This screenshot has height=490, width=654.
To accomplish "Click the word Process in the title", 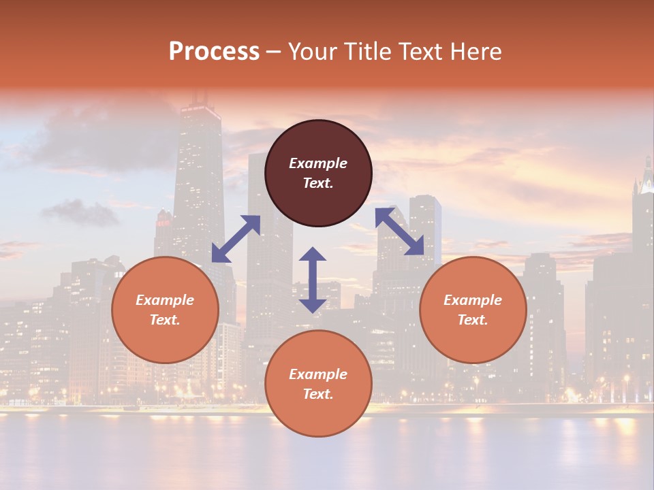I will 214,52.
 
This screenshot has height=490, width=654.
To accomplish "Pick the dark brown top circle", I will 318,174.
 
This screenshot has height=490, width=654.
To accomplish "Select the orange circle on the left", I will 165,310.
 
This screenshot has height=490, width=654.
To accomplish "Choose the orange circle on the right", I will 473,310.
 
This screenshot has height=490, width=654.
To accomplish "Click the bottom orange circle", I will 318,383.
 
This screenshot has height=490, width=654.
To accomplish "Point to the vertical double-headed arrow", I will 313,280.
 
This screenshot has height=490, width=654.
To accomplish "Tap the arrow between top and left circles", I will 236,238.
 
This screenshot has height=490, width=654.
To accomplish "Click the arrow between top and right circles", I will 399,231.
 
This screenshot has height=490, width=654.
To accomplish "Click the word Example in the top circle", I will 318,163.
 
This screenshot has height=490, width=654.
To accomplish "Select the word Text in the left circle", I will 165,320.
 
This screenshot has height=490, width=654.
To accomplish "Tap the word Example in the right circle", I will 473,300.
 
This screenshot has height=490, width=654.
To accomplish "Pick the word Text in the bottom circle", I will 317,394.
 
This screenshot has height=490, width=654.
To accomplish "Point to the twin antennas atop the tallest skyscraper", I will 200,99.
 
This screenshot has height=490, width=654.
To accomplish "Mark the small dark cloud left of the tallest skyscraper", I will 80,212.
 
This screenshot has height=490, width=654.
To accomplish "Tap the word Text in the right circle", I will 472,320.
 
